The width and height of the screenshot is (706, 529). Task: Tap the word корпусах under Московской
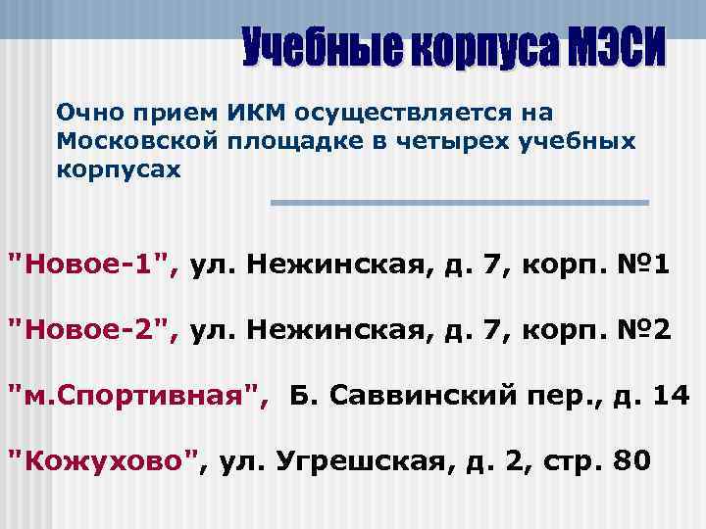tap(119, 168)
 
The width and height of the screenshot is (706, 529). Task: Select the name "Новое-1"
tap(93, 264)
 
